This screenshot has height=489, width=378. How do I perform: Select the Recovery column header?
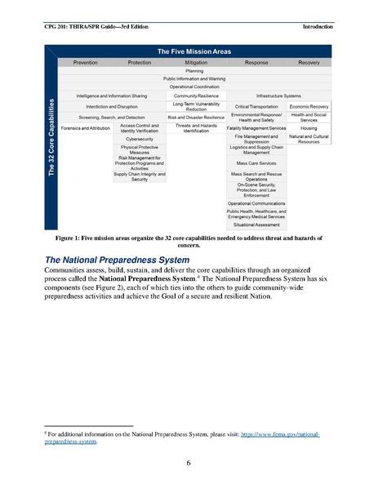pyautogui.click(x=309, y=62)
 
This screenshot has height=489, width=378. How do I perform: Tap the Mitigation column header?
pyautogui.click(x=196, y=62)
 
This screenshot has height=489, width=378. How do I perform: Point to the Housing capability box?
pyautogui.click(x=309, y=128)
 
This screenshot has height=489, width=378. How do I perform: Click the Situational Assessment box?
pyautogui.click(x=256, y=224)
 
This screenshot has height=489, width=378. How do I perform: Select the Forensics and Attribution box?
pyautogui.click(x=86, y=128)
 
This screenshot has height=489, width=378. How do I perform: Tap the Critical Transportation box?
pyautogui.click(x=256, y=106)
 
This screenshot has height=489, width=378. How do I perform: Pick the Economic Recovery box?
pyautogui.click(x=309, y=106)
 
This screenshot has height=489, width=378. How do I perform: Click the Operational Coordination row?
pyautogui.click(x=196, y=86)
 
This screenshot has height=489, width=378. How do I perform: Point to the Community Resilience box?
pyautogui.click(x=196, y=96)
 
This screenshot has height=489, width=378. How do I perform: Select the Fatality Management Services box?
pyautogui.click(x=256, y=128)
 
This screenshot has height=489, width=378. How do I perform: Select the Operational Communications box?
pyautogui.click(x=256, y=203)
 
